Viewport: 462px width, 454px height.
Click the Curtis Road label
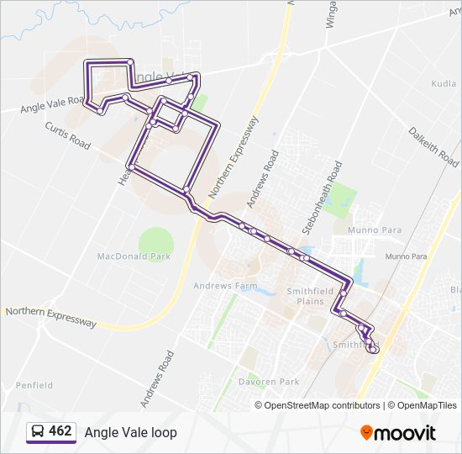tap(67, 135)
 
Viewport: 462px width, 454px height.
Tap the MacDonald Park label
tap(134, 256)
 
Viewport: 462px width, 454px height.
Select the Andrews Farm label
tap(225, 286)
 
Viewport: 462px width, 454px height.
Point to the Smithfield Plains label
tap(305, 295)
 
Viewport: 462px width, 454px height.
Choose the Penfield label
tap(34, 385)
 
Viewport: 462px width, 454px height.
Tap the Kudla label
tap(444, 84)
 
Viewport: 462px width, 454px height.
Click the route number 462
tap(60, 431)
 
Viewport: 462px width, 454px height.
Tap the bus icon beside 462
tap(38, 432)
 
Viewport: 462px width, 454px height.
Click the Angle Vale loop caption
tap(130, 432)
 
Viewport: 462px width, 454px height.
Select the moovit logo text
tap(405, 433)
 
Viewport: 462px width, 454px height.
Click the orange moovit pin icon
tap(366, 432)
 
